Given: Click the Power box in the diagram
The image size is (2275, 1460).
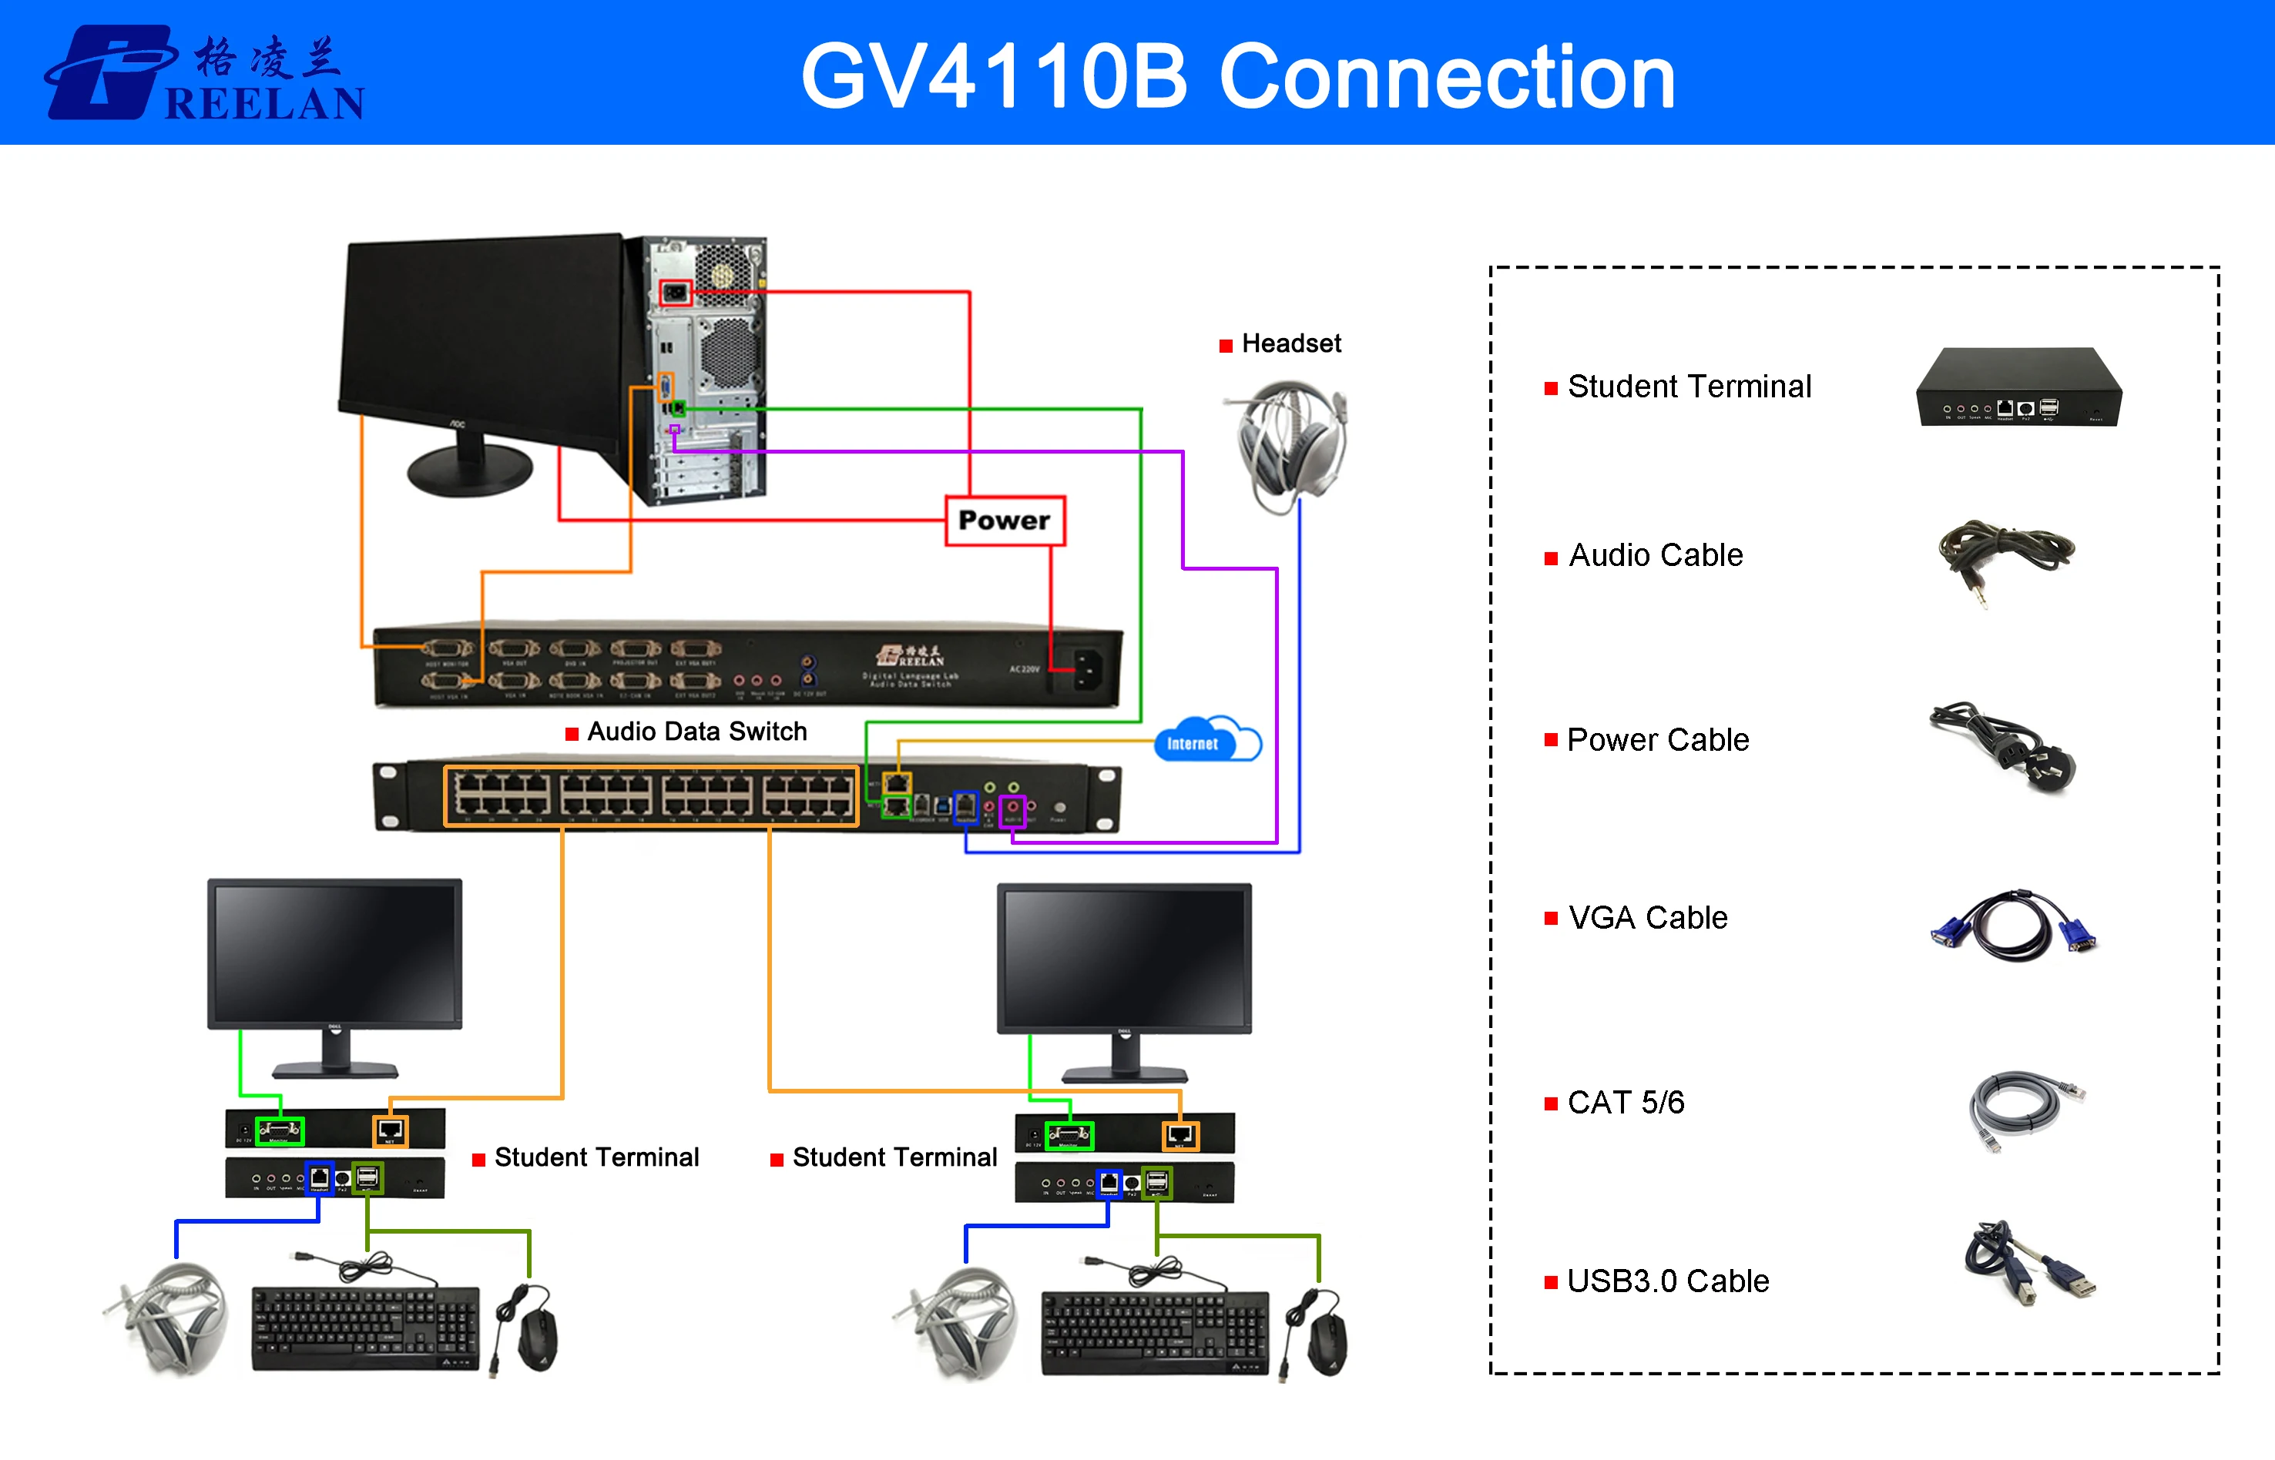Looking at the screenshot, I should [x=1005, y=521].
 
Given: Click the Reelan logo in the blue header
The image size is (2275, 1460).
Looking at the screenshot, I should [x=205, y=73].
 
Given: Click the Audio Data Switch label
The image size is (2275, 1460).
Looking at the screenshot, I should [x=696, y=731].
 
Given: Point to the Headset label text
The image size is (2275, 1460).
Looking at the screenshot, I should [x=1290, y=343].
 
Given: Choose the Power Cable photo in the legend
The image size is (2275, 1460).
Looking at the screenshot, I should [x=2004, y=746].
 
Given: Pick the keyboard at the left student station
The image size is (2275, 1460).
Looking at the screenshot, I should [x=365, y=1328].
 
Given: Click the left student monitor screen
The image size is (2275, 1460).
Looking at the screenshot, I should [x=334, y=952].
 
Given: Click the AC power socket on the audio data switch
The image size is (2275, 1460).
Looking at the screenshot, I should [x=1087, y=668].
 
